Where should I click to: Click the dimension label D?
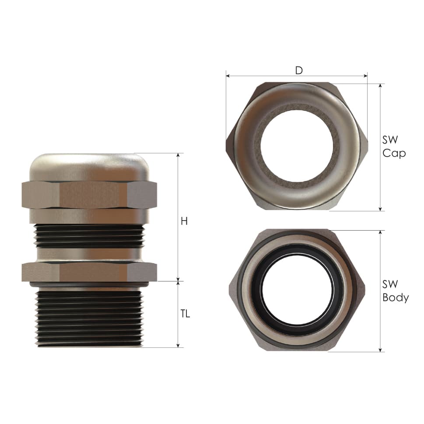pos(299,70)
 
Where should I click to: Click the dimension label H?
pos(184,221)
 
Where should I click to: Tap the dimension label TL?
pos(185,314)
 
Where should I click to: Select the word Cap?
pos(394,153)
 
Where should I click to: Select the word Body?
pos(396,298)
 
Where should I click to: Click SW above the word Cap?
pos(390,140)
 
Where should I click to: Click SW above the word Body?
pos(390,284)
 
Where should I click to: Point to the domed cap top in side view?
pos(89,166)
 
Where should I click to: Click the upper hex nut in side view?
pos(89,195)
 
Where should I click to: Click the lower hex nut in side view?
pos(89,272)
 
